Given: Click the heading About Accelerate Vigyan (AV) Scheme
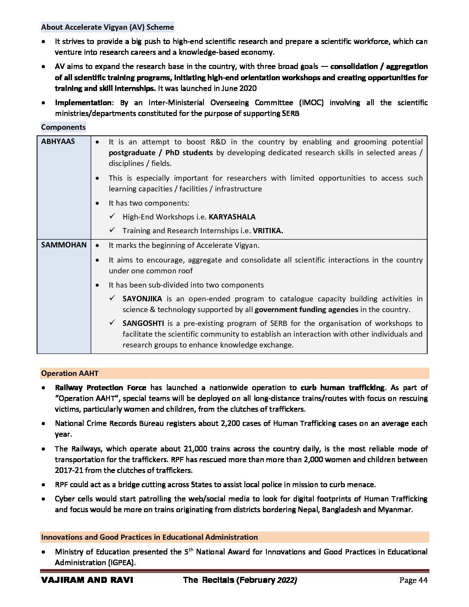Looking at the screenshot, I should pos(107,27).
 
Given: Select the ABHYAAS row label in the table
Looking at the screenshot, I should pos(58,141).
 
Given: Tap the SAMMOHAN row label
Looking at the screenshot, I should pos(64,245).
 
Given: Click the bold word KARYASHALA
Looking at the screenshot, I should pos(232,217).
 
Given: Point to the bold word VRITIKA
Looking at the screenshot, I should pos(268,231).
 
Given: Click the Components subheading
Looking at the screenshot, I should pos(63,127).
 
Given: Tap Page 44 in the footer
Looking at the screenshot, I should pos(413,580).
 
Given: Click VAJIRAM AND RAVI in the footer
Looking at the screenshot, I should pos(87,580).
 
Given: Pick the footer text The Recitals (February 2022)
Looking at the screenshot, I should pos(240,580).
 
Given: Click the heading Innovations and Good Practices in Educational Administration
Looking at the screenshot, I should pos(149,537).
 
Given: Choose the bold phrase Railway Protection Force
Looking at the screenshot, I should pos(100,388).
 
